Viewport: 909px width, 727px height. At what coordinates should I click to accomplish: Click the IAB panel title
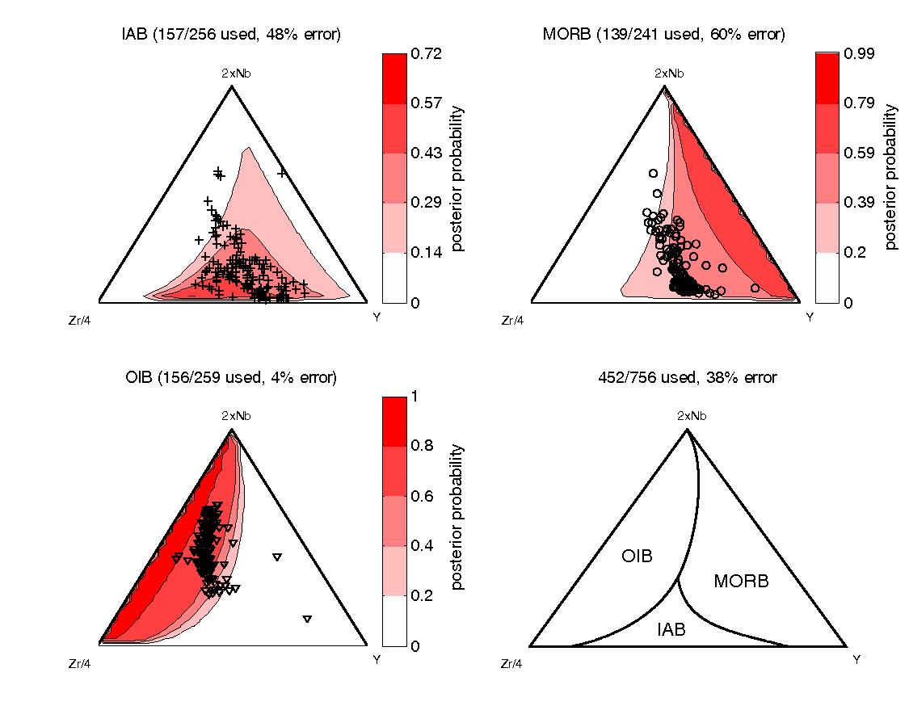[231, 35]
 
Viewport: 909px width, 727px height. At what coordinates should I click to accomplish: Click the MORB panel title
[664, 35]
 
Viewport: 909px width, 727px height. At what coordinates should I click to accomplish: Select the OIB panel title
[231, 377]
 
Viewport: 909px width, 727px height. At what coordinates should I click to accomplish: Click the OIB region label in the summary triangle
[637, 556]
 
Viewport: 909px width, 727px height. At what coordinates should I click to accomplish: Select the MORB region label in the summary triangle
[741, 581]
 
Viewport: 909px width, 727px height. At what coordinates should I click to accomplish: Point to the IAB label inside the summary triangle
[671, 630]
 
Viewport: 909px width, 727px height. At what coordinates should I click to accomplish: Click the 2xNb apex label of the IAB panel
[231, 74]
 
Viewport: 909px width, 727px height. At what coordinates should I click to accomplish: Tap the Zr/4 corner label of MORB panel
[512, 321]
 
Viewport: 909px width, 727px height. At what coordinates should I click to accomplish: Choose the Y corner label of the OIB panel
[377, 660]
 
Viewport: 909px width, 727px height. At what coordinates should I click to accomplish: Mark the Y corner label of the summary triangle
[856, 660]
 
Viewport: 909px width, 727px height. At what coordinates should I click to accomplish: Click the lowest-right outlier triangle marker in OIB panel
[307, 619]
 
